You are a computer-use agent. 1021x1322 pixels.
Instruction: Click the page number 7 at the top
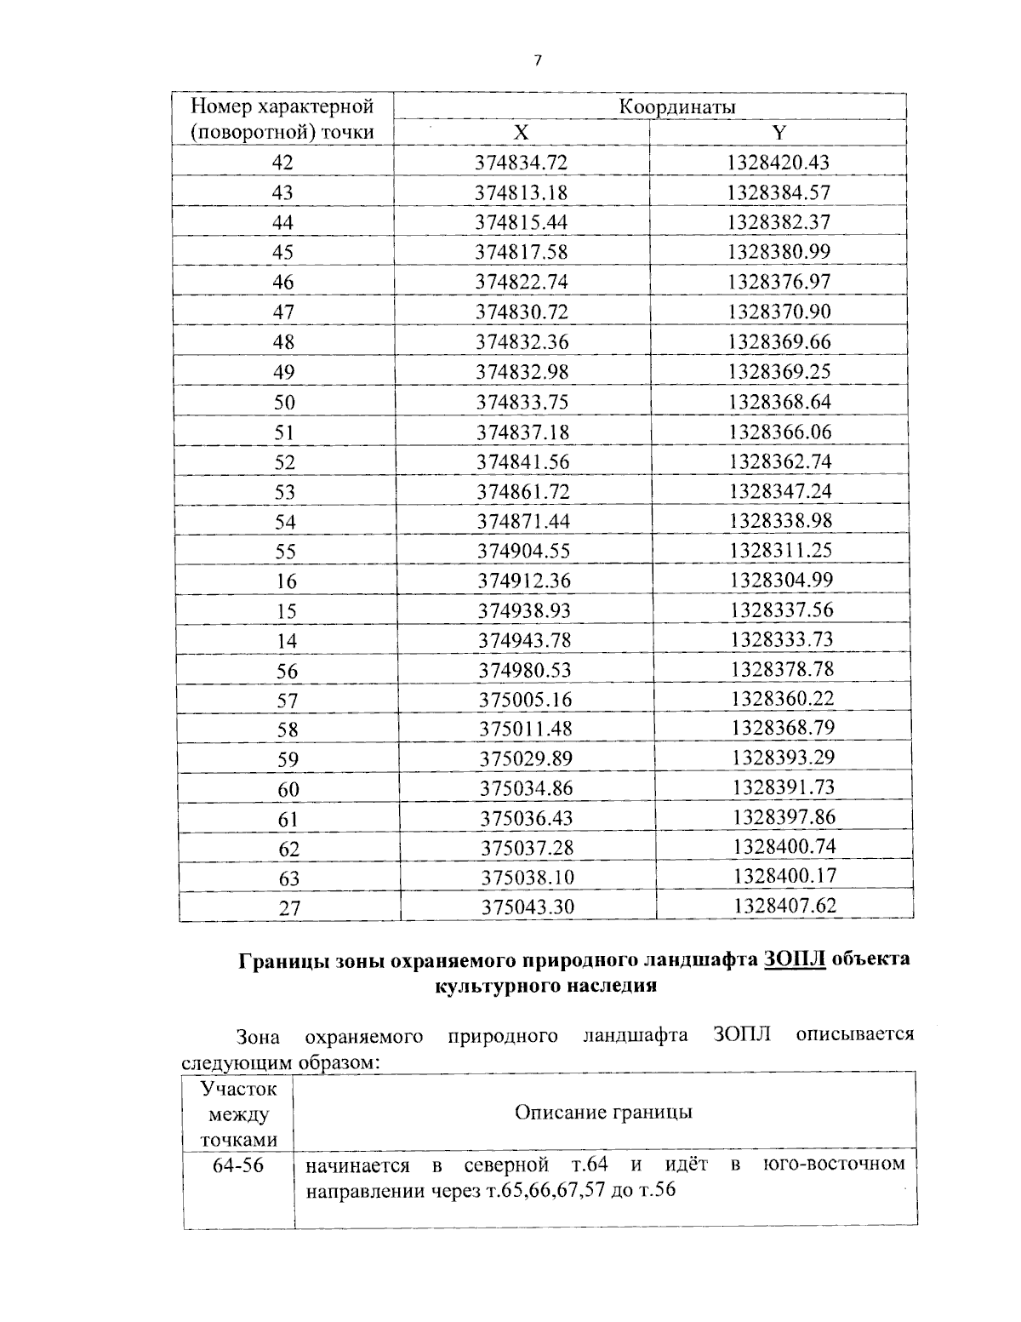pyautogui.click(x=537, y=60)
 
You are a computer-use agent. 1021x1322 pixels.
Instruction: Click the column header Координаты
pyautogui.click(x=676, y=107)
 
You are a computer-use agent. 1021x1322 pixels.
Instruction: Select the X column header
pyautogui.click(x=521, y=133)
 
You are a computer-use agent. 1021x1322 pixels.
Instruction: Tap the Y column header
pyautogui.click(x=778, y=133)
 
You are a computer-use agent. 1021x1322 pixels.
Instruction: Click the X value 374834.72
pyautogui.click(x=521, y=163)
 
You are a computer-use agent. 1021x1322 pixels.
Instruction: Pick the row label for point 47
pyautogui.click(x=283, y=312)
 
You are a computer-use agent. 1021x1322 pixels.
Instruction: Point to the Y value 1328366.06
pyautogui.click(x=779, y=432)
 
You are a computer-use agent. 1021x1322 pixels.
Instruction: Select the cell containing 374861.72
pyautogui.click(x=522, y=491)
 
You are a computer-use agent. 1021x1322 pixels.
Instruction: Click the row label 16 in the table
pyautogui.click(x=287, y=581)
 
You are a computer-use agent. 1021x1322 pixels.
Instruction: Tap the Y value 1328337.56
pyautogui.click(x=782, y=609)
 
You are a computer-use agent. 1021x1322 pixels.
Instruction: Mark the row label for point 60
pyautogui.click(x=289, y=789)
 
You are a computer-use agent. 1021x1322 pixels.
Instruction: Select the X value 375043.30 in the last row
pyautogui.click(x=528, y=907)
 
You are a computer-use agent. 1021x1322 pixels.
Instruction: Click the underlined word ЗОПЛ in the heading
pyautogui.click(x=795, y=959)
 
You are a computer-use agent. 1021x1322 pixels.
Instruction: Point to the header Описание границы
pyautogui.click(x=603, y=1113)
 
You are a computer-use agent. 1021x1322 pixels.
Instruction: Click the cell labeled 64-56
pyautogui.click(x=238, y=1165)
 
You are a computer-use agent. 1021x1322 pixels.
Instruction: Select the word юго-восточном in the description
pyautogui.click(x=834, y=1163)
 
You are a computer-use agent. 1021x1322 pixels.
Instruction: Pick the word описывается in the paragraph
pyautogui.click(x=854, y=1035)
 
